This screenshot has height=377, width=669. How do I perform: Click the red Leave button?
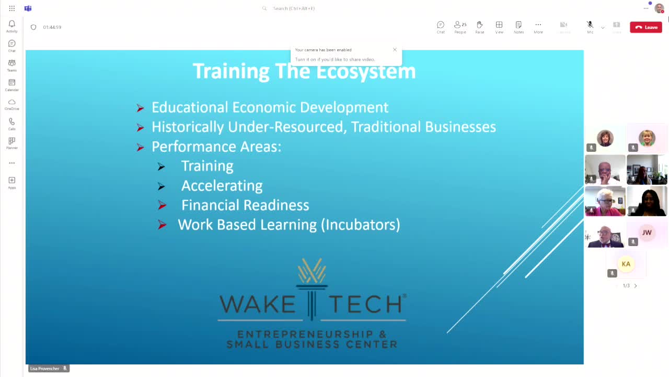click(x=646, y=27)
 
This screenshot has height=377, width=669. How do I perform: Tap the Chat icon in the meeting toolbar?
click(x=441, y=25)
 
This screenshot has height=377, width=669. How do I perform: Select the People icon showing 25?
click(x=460, y=25)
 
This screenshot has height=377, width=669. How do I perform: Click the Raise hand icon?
click(x=479, y=25)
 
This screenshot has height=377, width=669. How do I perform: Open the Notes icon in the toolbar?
click(x=518, y=25)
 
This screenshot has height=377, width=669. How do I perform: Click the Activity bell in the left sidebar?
click(x=11, y=25)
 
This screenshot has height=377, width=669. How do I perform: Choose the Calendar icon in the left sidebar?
click(x=11, y=83)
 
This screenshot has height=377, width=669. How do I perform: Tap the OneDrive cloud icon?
click(x=11, y=103)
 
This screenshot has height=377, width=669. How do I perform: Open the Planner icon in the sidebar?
click(x=11, y=141)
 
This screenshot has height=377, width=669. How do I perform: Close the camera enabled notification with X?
click(x=395, y=50)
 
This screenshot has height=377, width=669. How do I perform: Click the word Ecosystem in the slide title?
click(x=366, y=72)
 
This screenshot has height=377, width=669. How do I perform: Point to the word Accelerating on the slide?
click(x=222, y=186)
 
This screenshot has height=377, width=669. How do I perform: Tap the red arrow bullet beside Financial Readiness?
click(x=162, y=205)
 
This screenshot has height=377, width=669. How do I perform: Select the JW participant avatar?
click(x=647, y=232)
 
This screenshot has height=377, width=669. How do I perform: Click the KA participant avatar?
click(x=626, y=264)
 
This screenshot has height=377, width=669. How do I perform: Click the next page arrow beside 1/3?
click(x=636, y=286)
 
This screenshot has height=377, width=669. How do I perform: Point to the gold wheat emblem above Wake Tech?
click(x=312, y=271)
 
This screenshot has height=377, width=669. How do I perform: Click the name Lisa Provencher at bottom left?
click(x=44, y=369)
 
